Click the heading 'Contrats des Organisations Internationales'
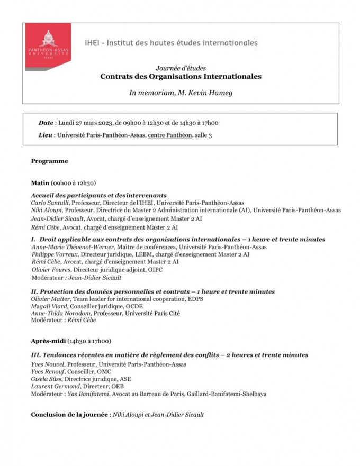pos(181,76)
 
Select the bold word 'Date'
pos(46,123)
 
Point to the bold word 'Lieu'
pos(46,135)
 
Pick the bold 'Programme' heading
pos(49,161)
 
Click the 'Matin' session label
pos(40,182)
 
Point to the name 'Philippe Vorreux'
pos(57,254)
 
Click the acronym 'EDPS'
pos(196,299)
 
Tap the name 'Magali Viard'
pos(50,306)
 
